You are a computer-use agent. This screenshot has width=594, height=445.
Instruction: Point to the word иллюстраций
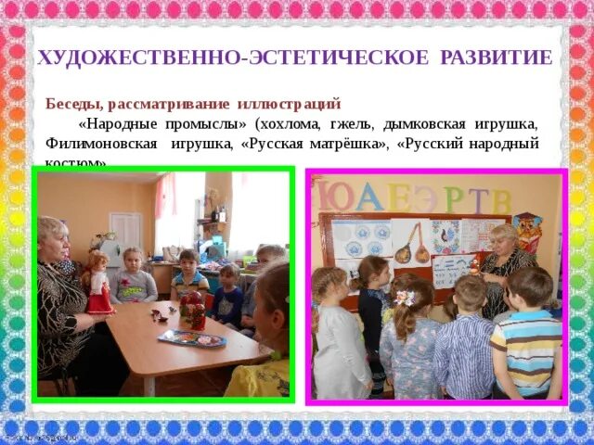click(290, 103)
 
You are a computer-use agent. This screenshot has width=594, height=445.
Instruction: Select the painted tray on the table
click(191, 339)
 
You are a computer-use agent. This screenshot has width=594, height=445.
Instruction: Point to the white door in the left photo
click(125, 236)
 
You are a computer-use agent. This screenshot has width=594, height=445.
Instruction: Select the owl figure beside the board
click(527, 233)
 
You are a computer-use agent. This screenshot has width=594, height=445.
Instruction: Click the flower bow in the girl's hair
click(404, 299)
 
